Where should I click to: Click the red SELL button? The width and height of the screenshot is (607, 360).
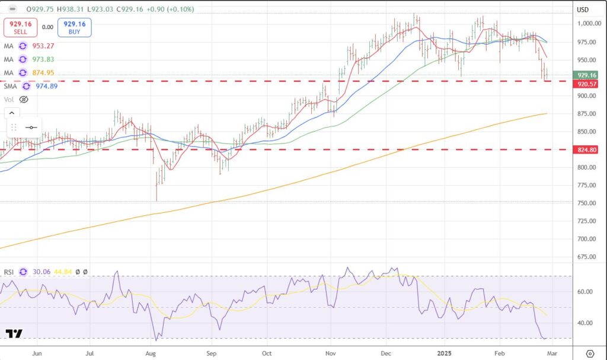[x=20, y=28]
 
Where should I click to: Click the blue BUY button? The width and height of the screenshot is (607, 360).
[x=74, y=28]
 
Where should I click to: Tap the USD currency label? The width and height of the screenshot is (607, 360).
[x=583, y=9]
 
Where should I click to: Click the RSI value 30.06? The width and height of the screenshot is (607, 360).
[x=41, y=272]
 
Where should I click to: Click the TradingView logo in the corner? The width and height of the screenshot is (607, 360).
[x=14, y=333]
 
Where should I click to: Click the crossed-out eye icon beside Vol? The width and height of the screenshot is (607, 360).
[x=24, y=99]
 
